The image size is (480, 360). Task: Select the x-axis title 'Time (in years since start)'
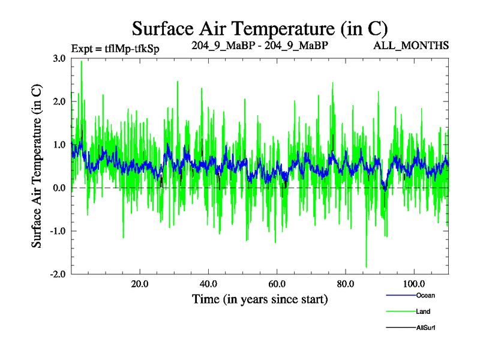(259, 299)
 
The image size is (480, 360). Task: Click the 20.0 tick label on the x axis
(139, 284)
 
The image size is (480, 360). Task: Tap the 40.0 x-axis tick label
(208, 284)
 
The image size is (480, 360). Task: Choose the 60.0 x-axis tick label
(277, 284)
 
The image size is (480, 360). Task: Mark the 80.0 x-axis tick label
(345, 284)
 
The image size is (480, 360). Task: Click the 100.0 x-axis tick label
(414, 284)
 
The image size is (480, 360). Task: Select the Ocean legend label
(425, 295)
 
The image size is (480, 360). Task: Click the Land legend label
(423, 311)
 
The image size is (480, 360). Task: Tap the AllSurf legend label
(425, 328)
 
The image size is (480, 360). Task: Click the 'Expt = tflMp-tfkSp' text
(115, 47)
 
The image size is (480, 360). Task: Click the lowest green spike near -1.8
(366, 266)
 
